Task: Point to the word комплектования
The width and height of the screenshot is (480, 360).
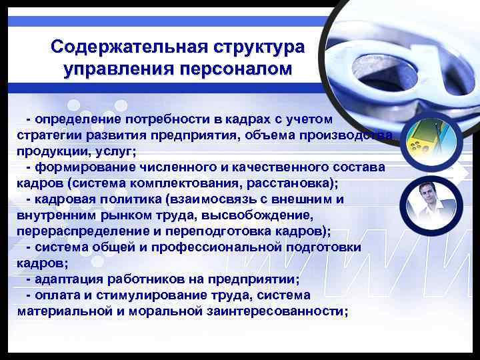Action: pyautogui.click(x=154, y=183)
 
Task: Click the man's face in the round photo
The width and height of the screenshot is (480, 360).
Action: pyautogui.click(x=424, y=196)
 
